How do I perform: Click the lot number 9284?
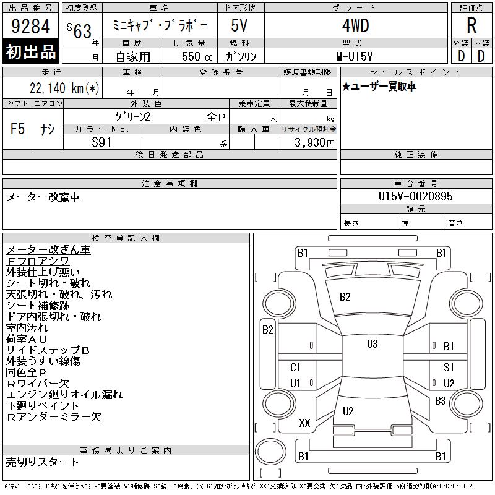pyautogui.click(x=30, y=26)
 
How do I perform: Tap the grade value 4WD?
pyautogui.click(x=355, y=25)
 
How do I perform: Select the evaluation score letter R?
pyautogui.click(x=471, y=25)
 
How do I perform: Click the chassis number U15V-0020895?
pyautogui.click(x=415, y=196)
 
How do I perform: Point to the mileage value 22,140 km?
pyautogui.click(x=64, y=88)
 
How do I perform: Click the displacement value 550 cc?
pyautogui.click(x=197, y=56)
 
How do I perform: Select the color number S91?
pyautogui.click(x=101, y=142)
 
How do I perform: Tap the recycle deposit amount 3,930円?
pyautogui.click(x=314, y=143)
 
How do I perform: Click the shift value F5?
pyautogui.click(x=18, y=129)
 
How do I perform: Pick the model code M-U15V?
pyautogui.click(x=354, y=56)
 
